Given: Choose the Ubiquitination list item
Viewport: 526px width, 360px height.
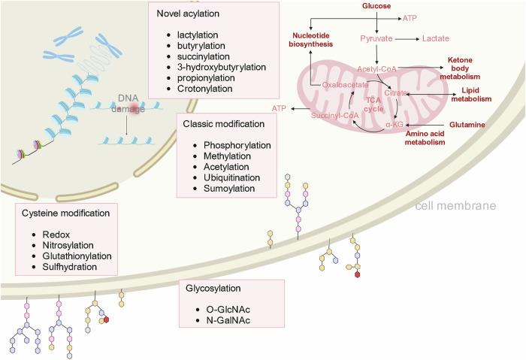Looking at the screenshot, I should click(226, 177).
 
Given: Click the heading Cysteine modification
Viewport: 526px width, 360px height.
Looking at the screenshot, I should click(67, 213).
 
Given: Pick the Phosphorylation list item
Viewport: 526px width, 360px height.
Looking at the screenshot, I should click(231, 143).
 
